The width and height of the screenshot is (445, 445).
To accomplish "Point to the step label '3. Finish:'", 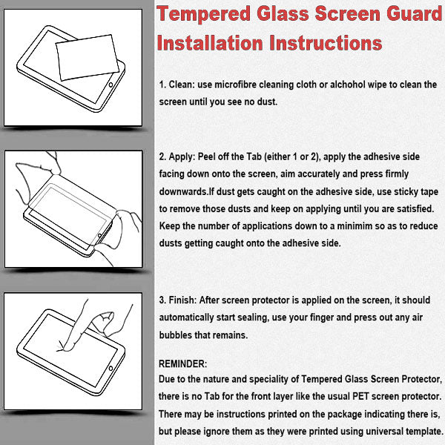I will point(179,300).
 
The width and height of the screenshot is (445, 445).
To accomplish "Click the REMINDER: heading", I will point(184,365).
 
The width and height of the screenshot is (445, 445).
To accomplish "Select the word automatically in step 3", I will point(194,318).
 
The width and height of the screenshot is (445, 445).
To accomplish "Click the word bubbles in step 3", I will point(177,335).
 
